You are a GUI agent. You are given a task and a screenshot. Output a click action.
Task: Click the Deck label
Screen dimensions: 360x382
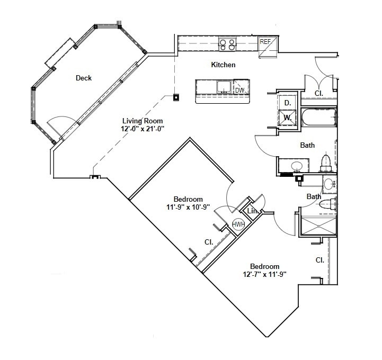[x=84, y=78]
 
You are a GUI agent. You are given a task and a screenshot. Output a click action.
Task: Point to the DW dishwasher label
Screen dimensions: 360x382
[x=240, y=90]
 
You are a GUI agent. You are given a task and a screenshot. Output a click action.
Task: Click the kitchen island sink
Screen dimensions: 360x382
[x=223, y=87]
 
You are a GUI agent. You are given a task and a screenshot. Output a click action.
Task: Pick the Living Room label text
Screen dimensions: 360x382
[x=143, y=121]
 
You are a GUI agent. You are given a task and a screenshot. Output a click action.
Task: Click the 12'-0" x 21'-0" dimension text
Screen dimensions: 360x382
[x=143, y=128]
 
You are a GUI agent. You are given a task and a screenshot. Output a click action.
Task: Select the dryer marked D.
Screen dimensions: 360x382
[x=288, y=102]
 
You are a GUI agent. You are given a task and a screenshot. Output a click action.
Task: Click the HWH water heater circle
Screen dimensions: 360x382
[x=238, y=224]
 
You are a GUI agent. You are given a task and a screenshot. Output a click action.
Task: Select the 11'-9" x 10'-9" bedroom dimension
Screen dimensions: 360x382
[x=188, y=207]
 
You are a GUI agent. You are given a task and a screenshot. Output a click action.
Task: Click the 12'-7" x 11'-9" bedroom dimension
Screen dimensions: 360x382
[x=264, y=274]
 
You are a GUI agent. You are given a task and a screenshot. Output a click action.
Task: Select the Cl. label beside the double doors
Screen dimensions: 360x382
[x=319, y=93]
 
